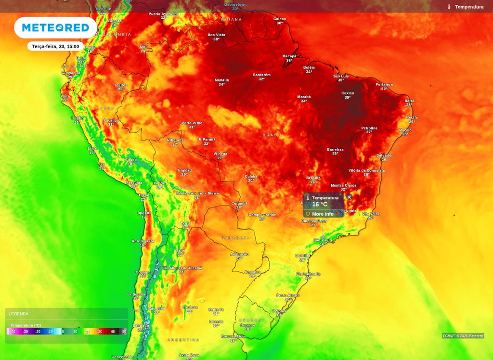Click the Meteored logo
(x=55, y=28)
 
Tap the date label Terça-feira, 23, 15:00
(x=55, y=46)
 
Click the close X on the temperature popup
(x=349, y=197)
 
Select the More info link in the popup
(x=322, y=214)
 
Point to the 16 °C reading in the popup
(x=320, y=205)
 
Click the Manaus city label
(x=221, y=80)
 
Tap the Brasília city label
(x=313, y=178)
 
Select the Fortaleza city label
(x=384, y=85)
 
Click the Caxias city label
(x=348, y=93)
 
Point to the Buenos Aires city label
(x=233, y=336)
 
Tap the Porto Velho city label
(x=192, y=123)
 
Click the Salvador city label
(x=385, y=155)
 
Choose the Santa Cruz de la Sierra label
(x=197, y=193)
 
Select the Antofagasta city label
(x=143, y=241)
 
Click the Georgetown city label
(x=235, y=4)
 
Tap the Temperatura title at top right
(x=469, y=7)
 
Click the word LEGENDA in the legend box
(x=19, y=314)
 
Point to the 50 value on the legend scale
(x=124, y=332)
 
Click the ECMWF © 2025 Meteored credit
(x=463, y=336)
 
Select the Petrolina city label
(x=369, y=128)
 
